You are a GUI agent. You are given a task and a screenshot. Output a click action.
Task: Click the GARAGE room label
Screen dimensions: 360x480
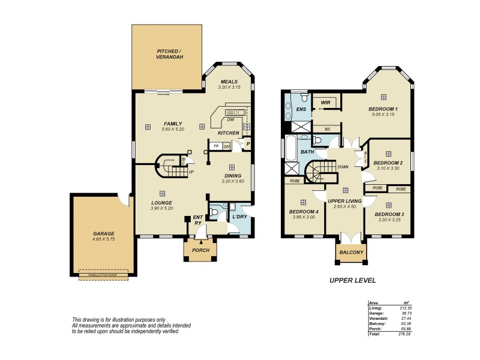pos(103,233)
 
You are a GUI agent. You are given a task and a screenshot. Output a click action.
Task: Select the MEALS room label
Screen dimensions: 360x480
pos(229,82)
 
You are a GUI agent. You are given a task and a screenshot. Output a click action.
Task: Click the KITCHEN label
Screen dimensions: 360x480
pos(229,133)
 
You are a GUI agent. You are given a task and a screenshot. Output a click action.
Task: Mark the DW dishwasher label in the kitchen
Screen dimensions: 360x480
pos(230,119)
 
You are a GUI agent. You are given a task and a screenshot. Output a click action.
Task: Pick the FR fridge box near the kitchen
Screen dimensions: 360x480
pos(215,146)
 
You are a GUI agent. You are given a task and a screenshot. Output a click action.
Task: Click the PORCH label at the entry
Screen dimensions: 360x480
pos(200,250)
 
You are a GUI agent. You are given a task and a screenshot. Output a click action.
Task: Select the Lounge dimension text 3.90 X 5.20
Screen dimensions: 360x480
pos(161,208)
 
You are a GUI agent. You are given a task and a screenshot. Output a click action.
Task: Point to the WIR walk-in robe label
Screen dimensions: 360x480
pos(326,103)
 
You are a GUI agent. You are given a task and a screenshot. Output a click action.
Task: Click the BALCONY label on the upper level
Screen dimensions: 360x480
pos(351,253)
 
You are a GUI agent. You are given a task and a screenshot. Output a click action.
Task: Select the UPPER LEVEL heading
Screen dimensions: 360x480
pos(353,280)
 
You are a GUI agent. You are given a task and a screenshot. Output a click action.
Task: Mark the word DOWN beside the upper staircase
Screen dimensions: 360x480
pos(343,167)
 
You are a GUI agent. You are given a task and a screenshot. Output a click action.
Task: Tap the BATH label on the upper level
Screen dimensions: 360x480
pos(307,152)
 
